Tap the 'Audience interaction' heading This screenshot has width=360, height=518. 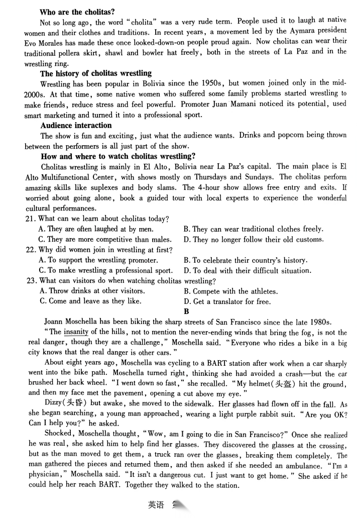click(x=76, y=125)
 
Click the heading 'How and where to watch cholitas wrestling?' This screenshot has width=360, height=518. click(x=118, y=156)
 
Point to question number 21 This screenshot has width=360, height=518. click(x=30, y=219)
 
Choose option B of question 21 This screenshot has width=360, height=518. click(x=253, y=229)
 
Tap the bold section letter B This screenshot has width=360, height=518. click(x=186, y=312)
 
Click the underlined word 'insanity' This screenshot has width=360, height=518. click(x=78, y=332)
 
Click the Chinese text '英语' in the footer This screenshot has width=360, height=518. click(x=156, y=504)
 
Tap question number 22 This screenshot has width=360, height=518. click(x=30, y=250)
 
